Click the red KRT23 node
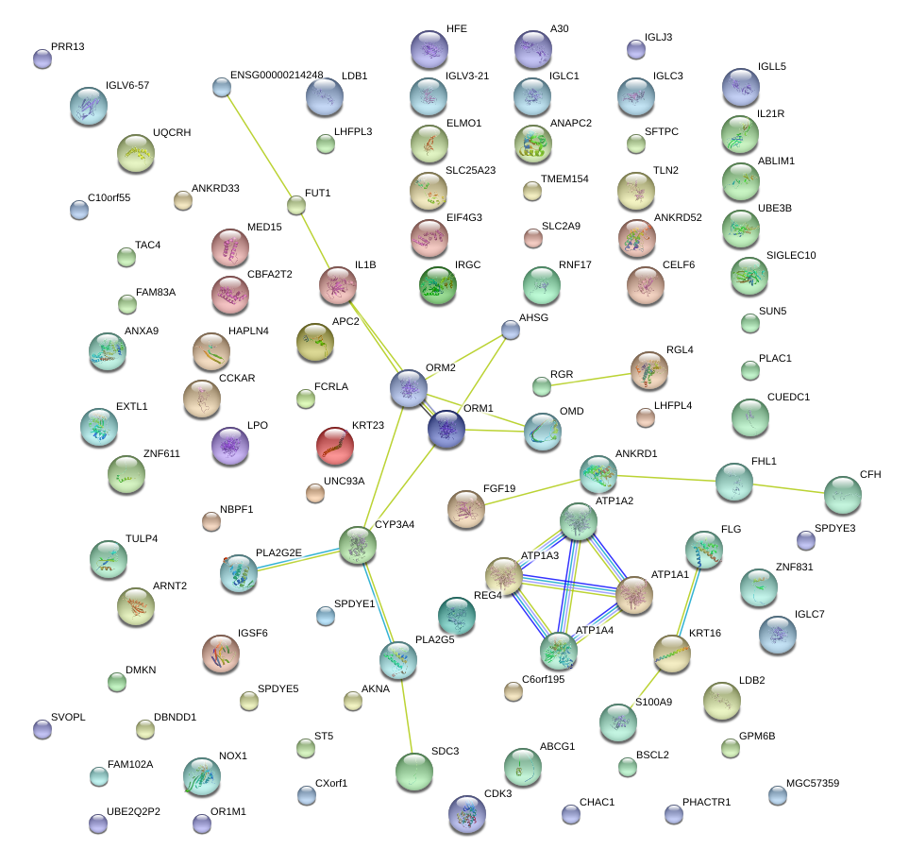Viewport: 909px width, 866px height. tap(334, 445)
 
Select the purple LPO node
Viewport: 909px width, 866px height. tap(229, 445)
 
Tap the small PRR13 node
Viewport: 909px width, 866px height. tap(42, 59)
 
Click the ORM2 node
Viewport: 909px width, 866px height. tap(409, 387)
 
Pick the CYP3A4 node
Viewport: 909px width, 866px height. tap(358, 545)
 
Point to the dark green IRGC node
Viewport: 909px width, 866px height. tap(438, 284)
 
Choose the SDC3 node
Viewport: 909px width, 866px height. tap(413, 771)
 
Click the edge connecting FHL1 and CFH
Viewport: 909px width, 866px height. tap(788, 487)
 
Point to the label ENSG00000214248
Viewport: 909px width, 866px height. tap(277, 75)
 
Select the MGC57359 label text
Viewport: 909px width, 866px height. tap(805, 784)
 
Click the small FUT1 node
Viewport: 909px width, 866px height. tap(296, 205)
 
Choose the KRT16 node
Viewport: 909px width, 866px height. tap(672, 654)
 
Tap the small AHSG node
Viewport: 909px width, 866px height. tap(510, 330)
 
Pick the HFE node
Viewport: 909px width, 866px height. tap(429, 49)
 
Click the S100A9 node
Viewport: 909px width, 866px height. tap(618, 722)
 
